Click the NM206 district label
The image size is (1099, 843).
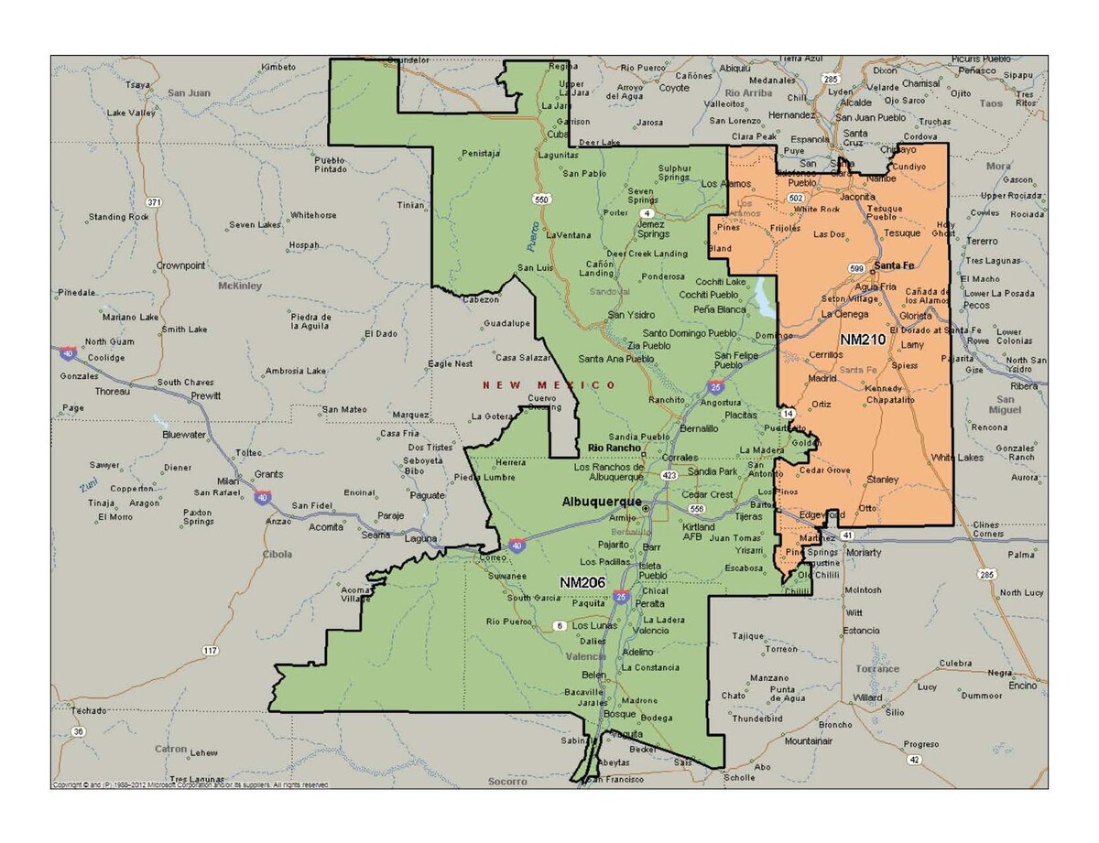(582, 581)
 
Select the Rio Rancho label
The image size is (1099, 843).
(614, 448)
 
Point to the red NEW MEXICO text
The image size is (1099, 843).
(549, 385)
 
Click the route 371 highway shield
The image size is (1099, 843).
(154, 201)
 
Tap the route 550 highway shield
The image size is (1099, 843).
(543, 199)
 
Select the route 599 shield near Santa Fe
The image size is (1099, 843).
(856, 267)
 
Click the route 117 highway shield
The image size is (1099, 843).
(211, 651)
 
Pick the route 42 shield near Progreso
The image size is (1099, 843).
(913, 760)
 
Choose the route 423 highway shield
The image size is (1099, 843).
(669, 475)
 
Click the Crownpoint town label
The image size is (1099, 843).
(180, 265)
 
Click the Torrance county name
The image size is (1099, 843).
(877, 669)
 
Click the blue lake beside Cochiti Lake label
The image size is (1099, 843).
(764, 297)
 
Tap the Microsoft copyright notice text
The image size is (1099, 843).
(190, 784)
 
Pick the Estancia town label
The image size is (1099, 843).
(862, 630)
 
